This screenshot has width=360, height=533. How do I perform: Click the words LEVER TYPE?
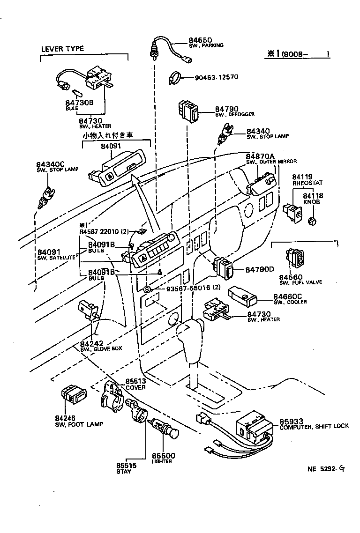point(62,49)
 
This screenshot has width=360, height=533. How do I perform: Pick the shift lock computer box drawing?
point(254,425)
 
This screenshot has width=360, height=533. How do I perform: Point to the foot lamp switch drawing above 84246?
point(73,396)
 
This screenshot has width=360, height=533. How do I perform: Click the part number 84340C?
point(51,164)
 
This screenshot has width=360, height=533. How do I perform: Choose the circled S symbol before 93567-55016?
point(147,289)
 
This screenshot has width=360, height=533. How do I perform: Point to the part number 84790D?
point(260,270)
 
